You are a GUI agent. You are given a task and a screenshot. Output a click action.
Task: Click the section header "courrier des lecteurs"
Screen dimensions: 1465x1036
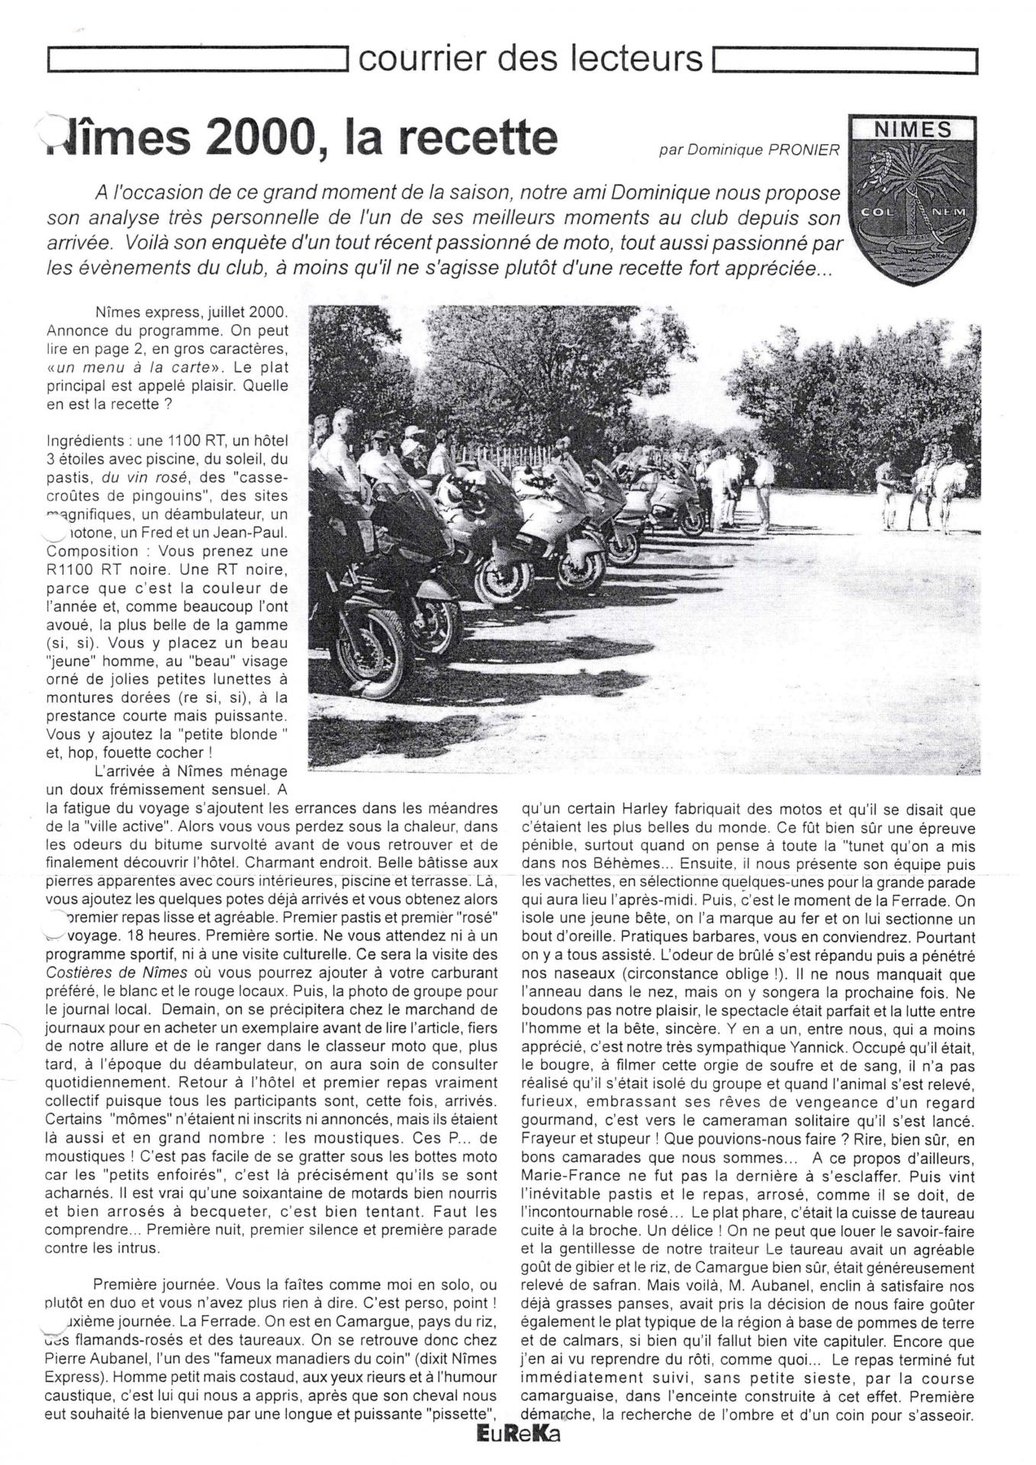pos(529,58)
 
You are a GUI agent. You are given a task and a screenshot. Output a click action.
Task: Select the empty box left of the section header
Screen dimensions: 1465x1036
pos(198,60)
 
